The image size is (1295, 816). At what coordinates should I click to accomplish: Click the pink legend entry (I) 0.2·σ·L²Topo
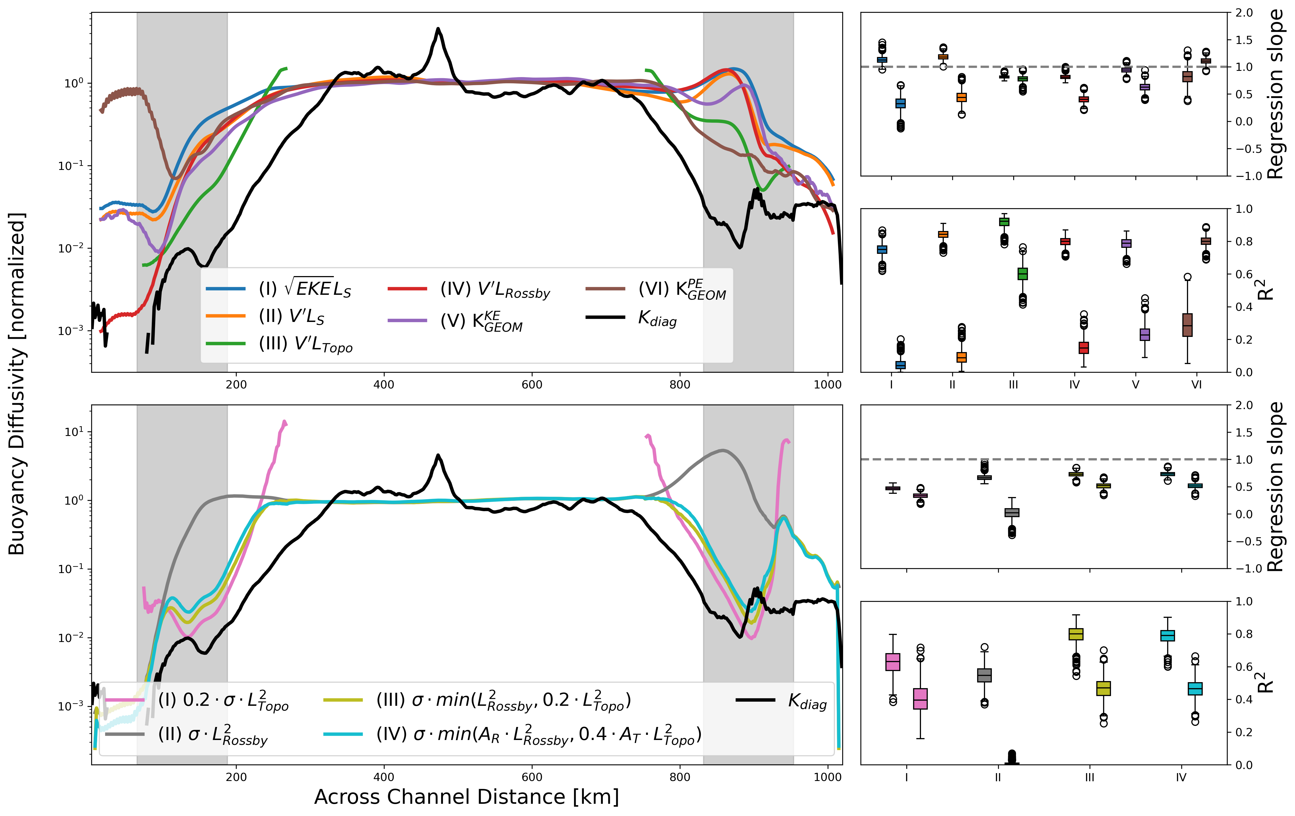[223, 700]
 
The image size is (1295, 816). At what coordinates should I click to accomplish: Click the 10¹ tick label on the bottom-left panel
[74, 432]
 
